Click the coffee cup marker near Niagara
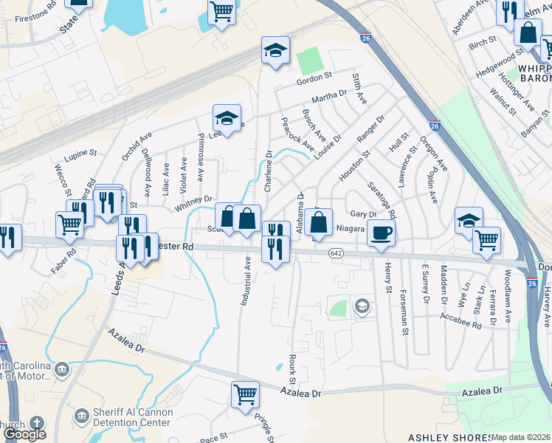click(381, 233)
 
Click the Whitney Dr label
click(193, 204)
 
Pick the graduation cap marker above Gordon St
click(275, 51)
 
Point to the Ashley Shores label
click(439, 437)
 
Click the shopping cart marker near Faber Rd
click(69, 223)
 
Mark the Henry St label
click(387, 279)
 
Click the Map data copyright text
click(521, 437)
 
